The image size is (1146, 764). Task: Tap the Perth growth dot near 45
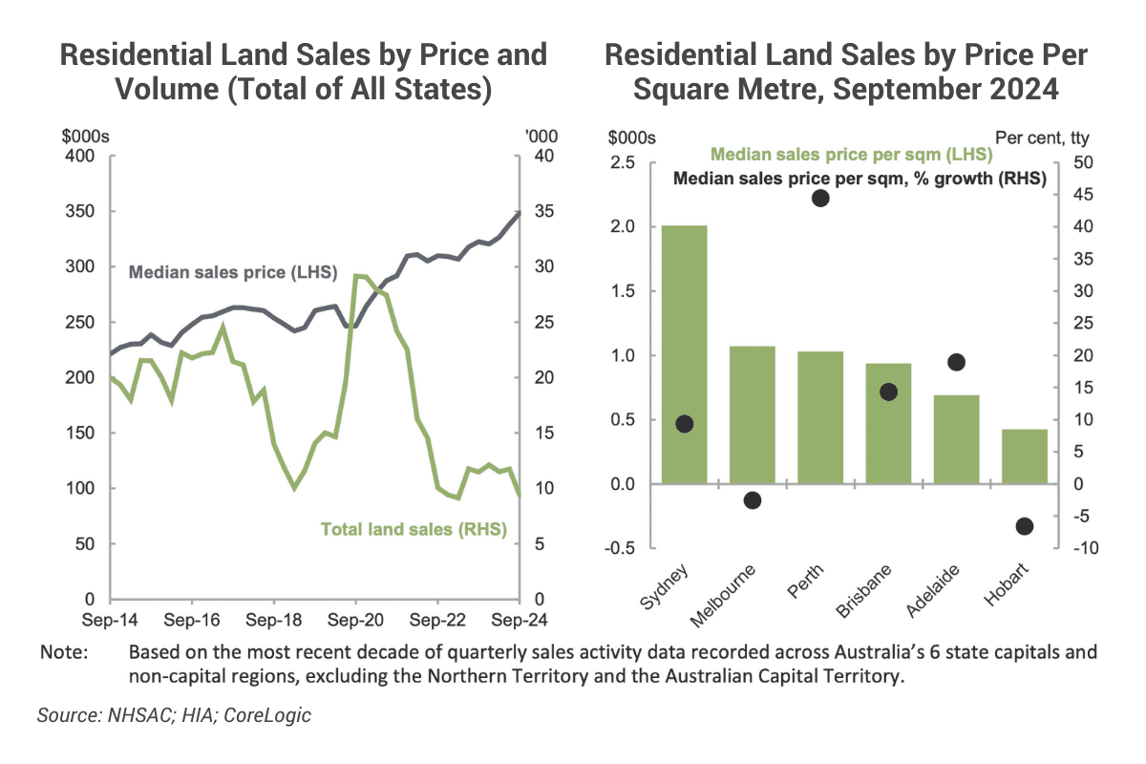click(x=820, y=198)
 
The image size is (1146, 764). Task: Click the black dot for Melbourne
click(x=753, y=500)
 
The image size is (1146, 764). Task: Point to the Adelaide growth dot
click(x=956, y=362)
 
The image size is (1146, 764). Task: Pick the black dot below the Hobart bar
click(x=1024, y=526)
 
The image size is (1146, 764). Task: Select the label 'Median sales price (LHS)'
click(x=233, y=272)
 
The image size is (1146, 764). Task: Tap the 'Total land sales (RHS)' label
click(x=413, y=528)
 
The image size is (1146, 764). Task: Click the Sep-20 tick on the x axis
click(x=355, y=619)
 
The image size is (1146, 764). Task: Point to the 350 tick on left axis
click(x=82, y=211)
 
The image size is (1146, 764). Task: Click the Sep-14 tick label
click(x=111, y=619)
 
